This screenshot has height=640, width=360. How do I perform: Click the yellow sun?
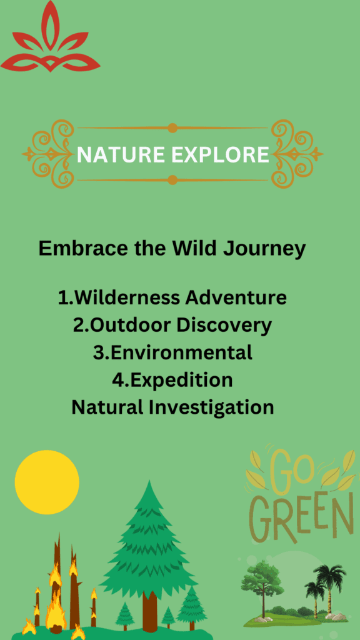pos(47,482)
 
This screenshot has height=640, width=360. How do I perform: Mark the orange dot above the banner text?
pos(172,128)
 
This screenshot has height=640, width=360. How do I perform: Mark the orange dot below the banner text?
pos(172,179)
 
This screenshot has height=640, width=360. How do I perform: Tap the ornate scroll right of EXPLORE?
pos(297,154)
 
